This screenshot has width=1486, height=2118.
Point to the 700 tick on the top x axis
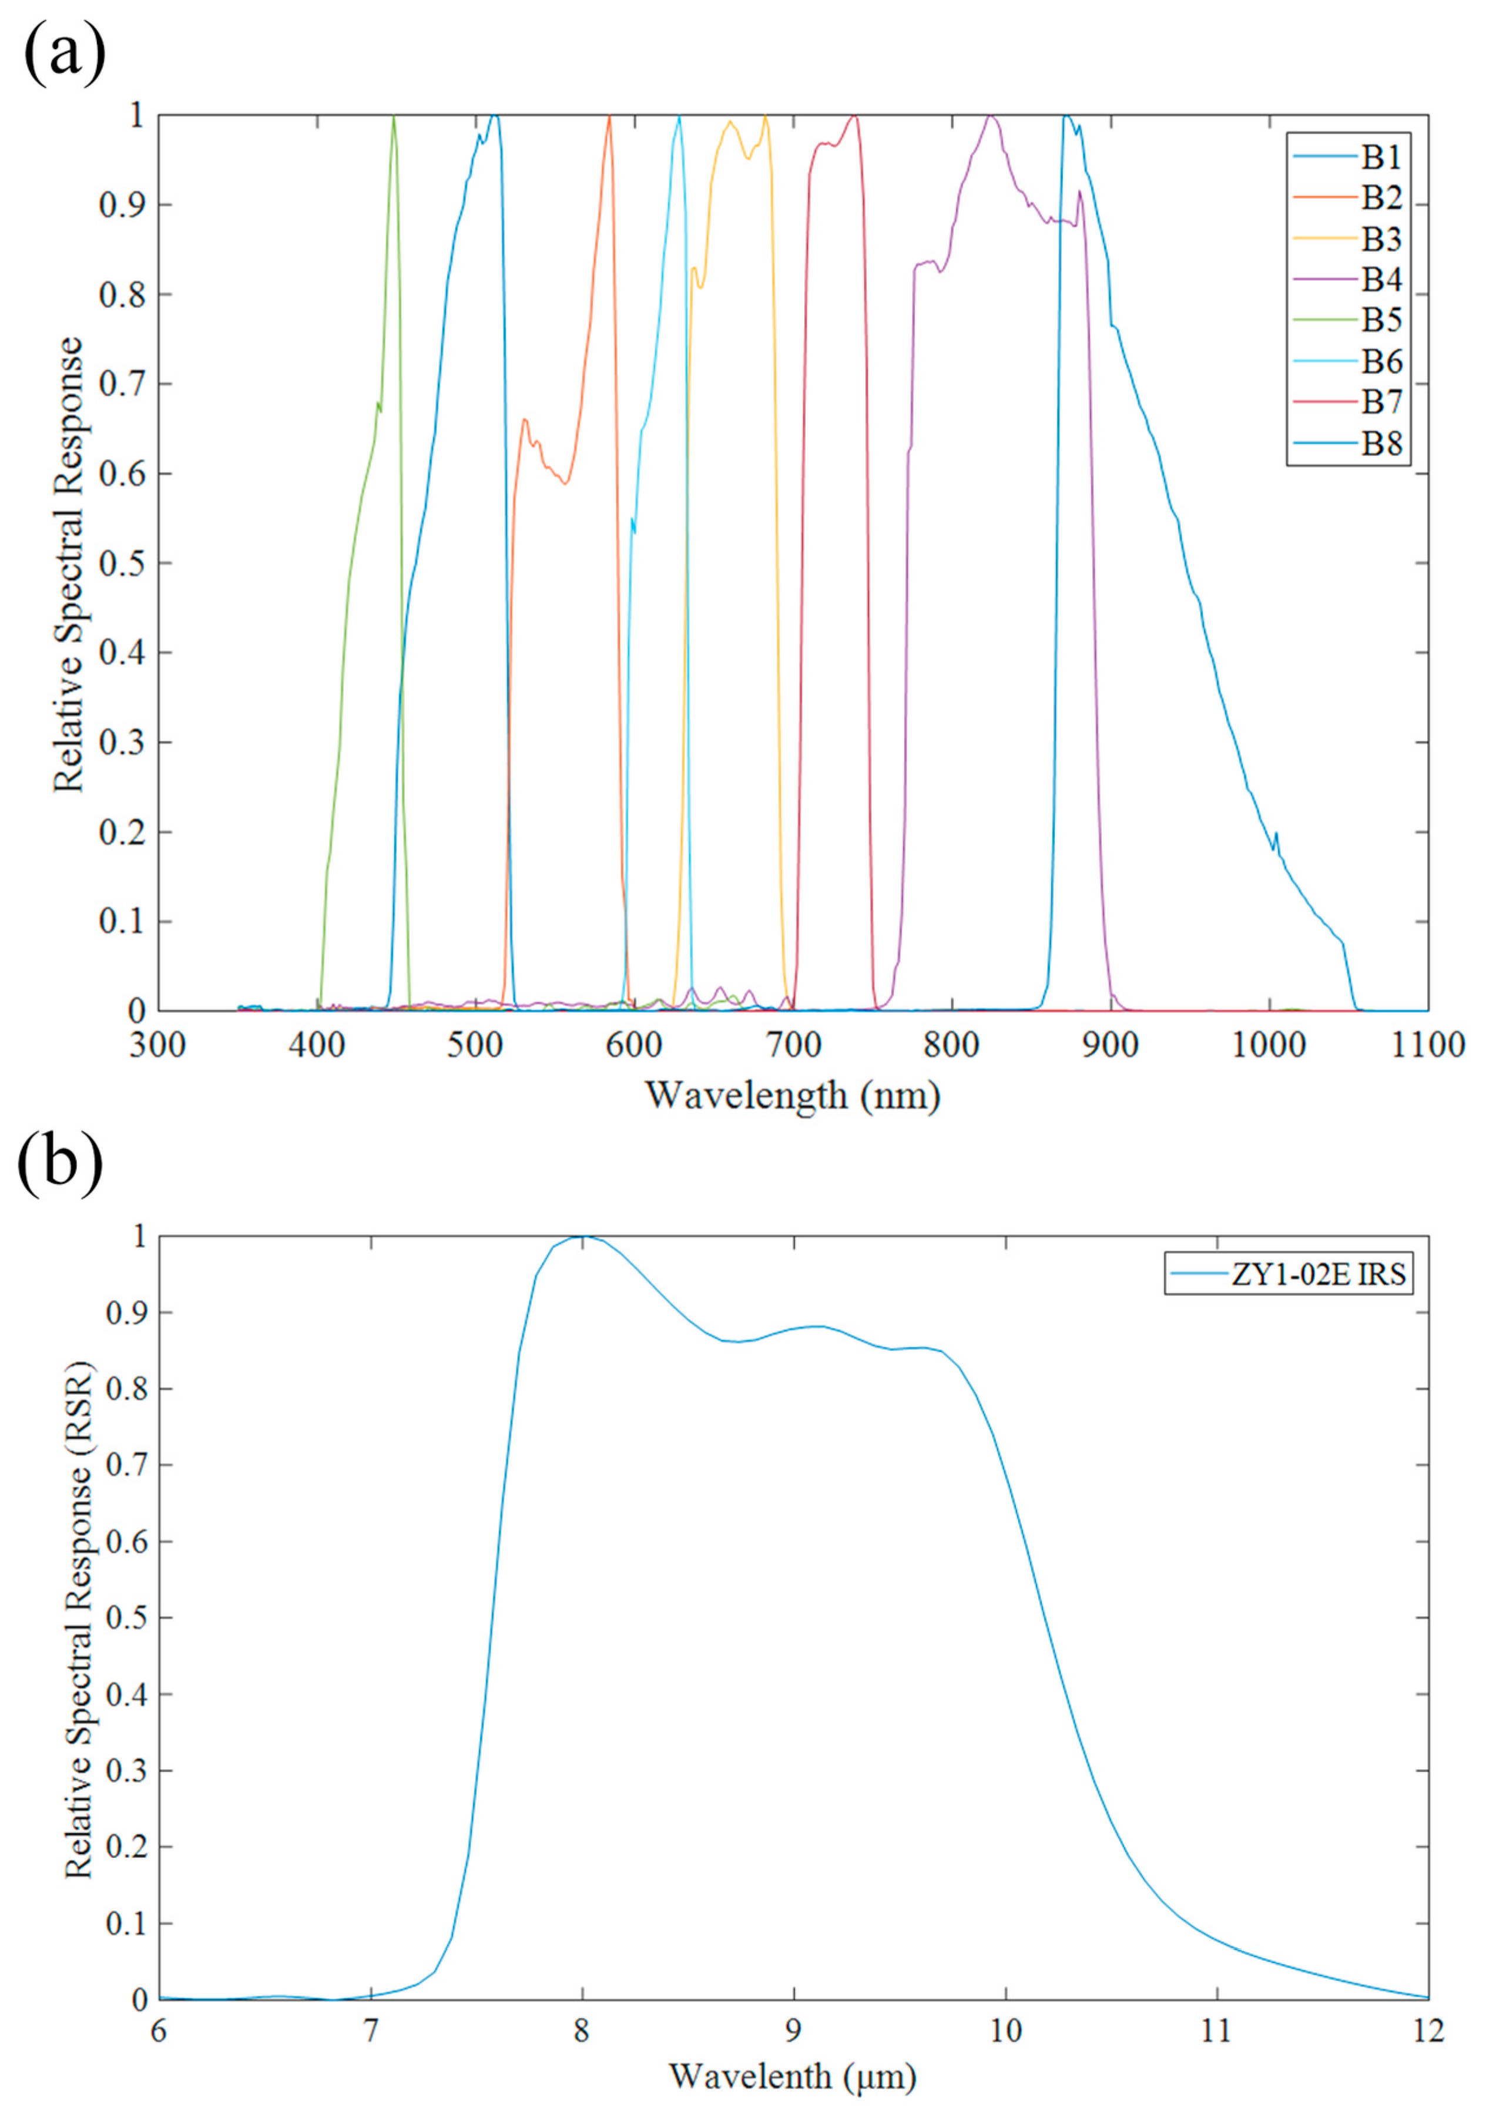pos(793,1045)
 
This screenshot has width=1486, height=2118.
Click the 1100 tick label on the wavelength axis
pos(1427,1045)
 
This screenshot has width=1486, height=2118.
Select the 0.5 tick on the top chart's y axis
pos(123,563)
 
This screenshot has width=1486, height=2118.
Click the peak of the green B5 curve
pos(394,117)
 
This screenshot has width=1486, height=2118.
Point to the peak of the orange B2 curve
pos(609,117)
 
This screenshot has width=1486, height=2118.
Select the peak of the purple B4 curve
pos(989,117)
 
